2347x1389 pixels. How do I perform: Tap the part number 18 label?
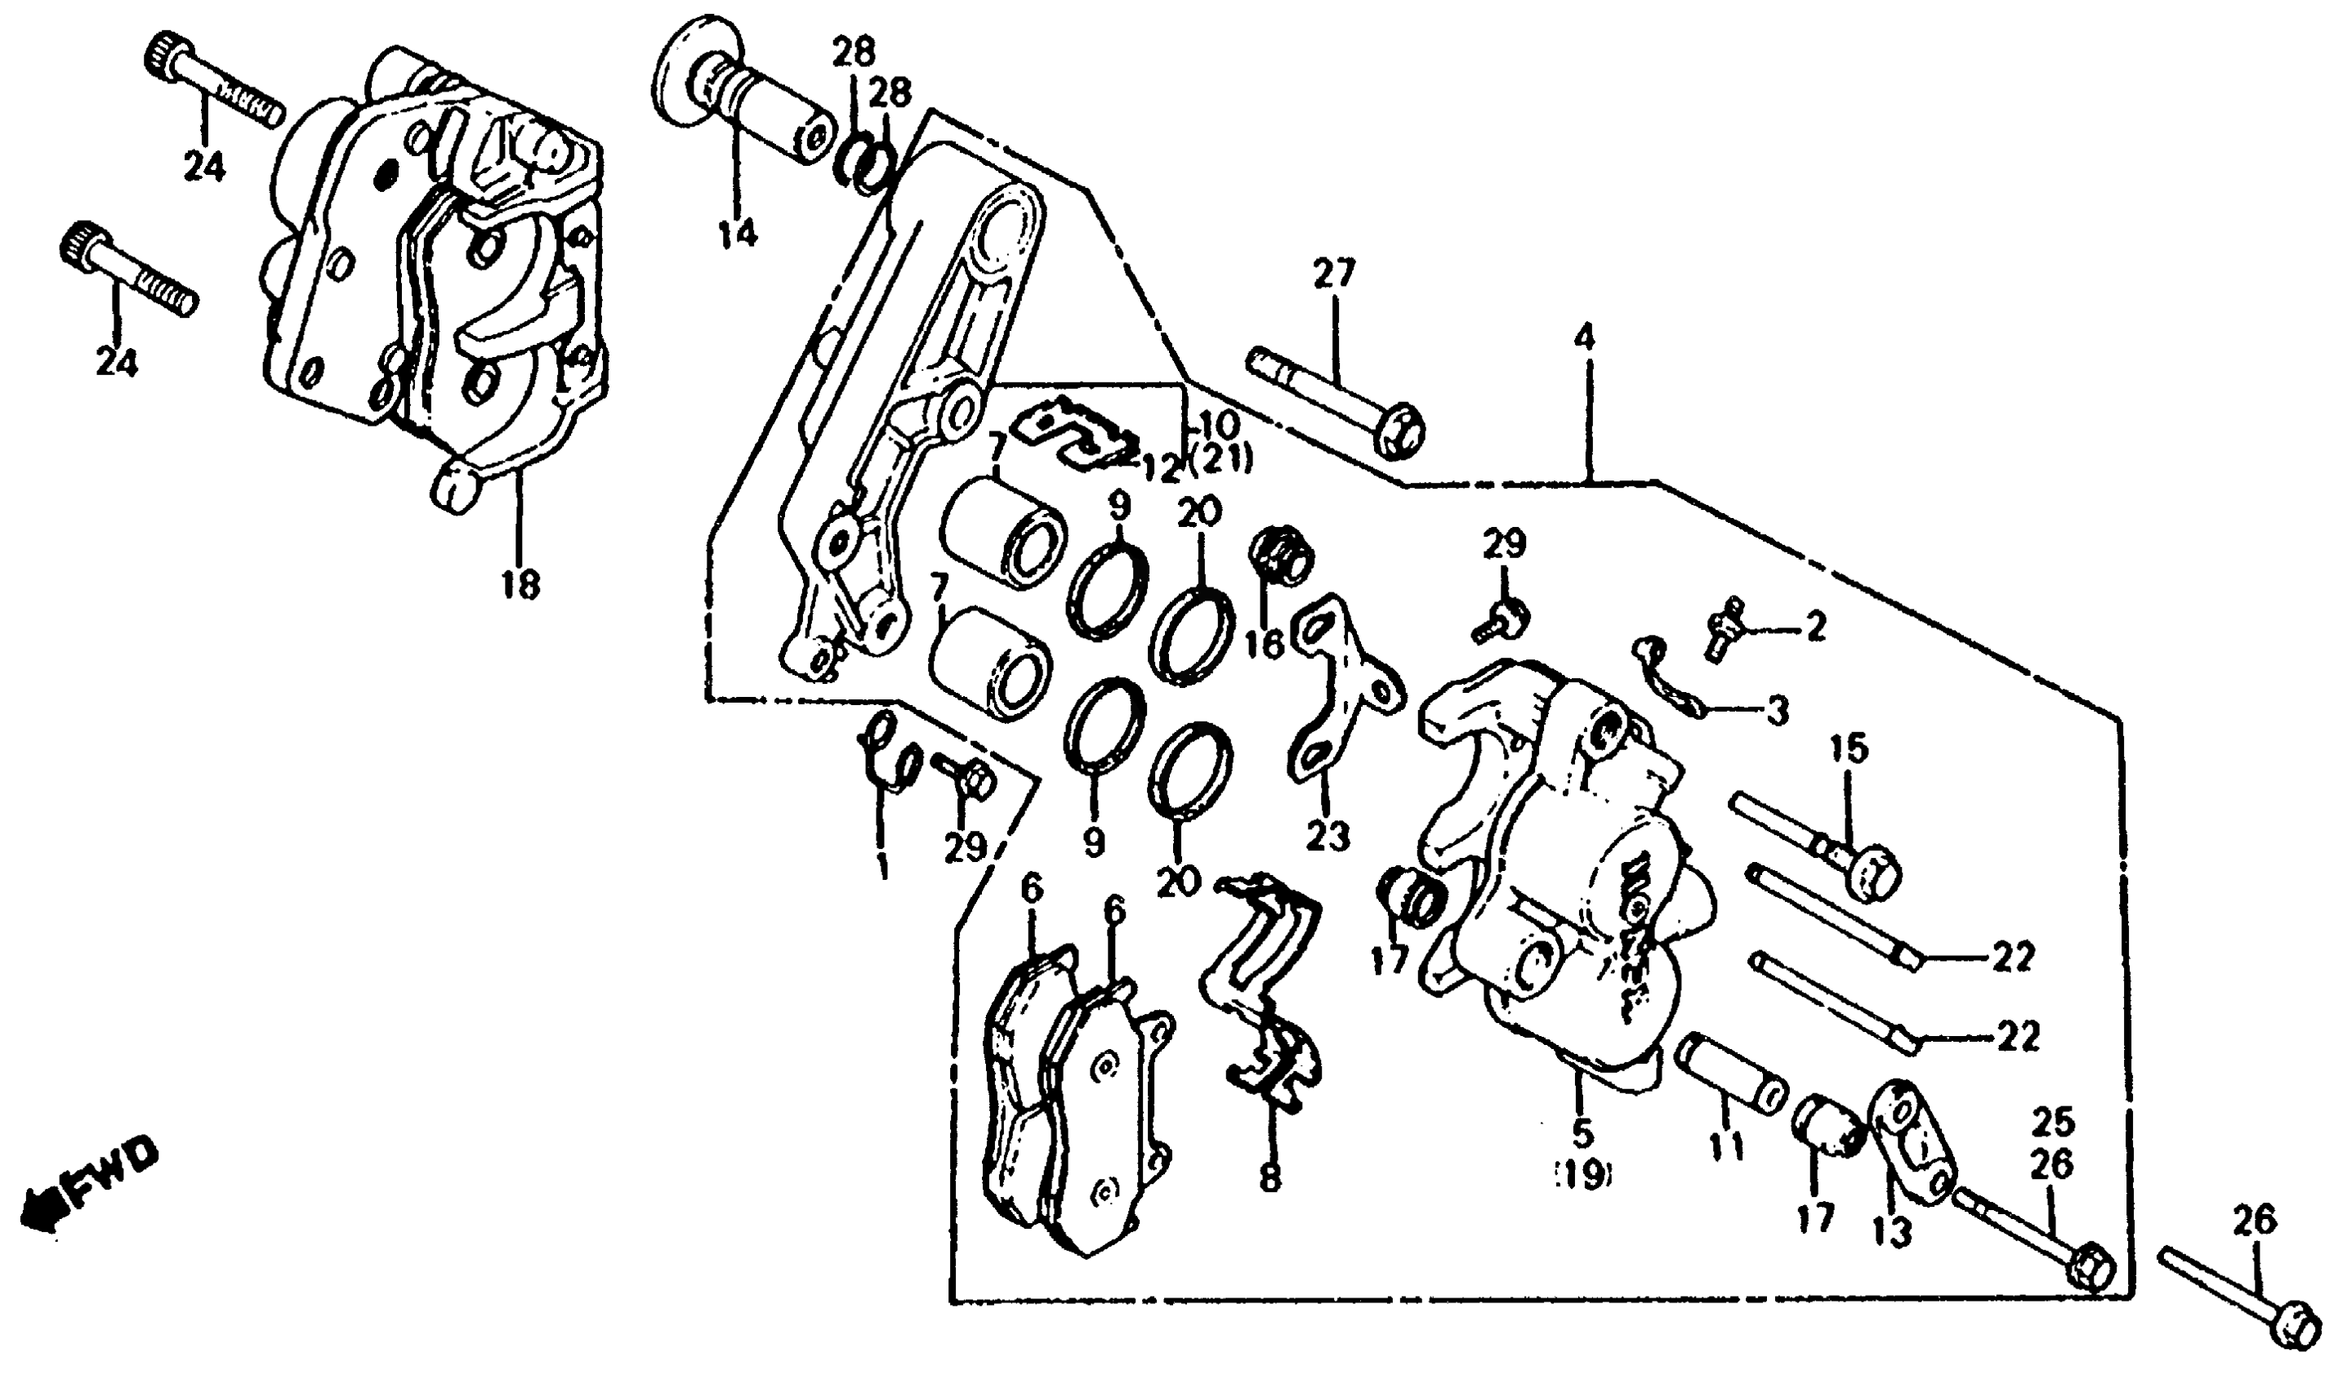click(x=520, y=585)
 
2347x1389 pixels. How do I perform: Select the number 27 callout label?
click(x=1332, y=275)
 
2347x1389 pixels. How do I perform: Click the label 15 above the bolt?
click(x=1850, y=748)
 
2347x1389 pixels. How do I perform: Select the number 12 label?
click(x=1159, y=468)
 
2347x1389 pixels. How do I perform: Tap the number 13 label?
click(x=1892, y=1235)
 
